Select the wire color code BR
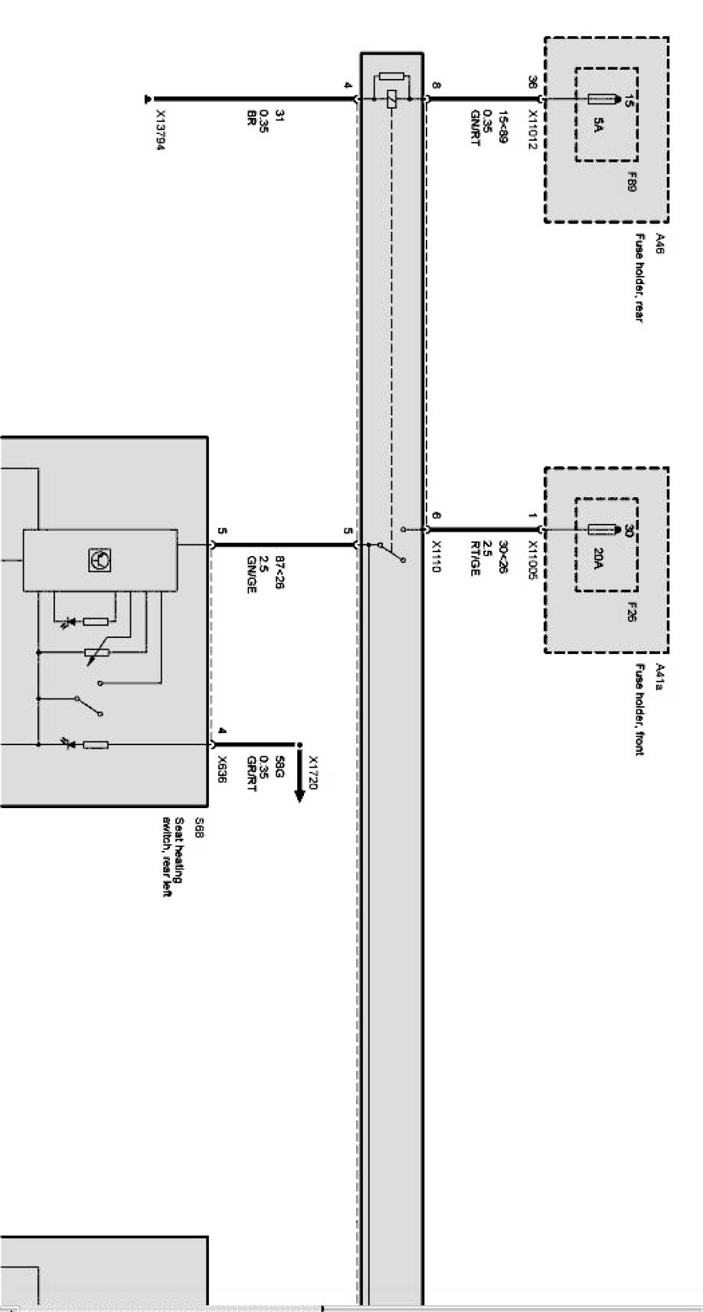250,117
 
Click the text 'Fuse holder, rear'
639,278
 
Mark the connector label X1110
437,557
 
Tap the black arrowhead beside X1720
299,794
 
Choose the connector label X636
222,768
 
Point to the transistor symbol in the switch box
100,560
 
